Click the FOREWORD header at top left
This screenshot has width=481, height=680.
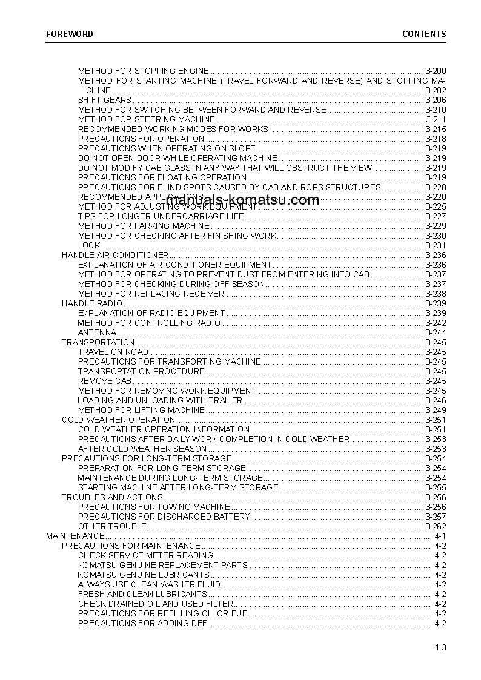point(70,34)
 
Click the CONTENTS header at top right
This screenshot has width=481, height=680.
point(424,34)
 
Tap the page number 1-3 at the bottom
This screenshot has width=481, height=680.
point(440,649)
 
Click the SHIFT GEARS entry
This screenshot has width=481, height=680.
point(104,100)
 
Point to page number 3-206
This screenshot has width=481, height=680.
point(436,100)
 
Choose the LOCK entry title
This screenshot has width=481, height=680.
point(88,245)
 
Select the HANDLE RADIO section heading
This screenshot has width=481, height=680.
point(92,303)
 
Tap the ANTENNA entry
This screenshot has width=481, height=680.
point(97,332)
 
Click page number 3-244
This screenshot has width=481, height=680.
point(436,332)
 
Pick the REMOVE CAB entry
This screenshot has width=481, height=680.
point(104,381)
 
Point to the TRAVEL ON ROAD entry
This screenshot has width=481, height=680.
point(113,352)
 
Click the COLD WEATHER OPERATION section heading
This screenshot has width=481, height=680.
point(118,420)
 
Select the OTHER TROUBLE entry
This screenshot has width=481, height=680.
point(112,526)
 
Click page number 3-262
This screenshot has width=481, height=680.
point(436,526)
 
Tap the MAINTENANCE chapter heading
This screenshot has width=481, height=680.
point(75,536)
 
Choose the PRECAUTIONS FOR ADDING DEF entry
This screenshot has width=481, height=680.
point(142,623)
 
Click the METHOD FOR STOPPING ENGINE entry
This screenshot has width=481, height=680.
point(144,71)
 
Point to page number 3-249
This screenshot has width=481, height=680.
point(436,410)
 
